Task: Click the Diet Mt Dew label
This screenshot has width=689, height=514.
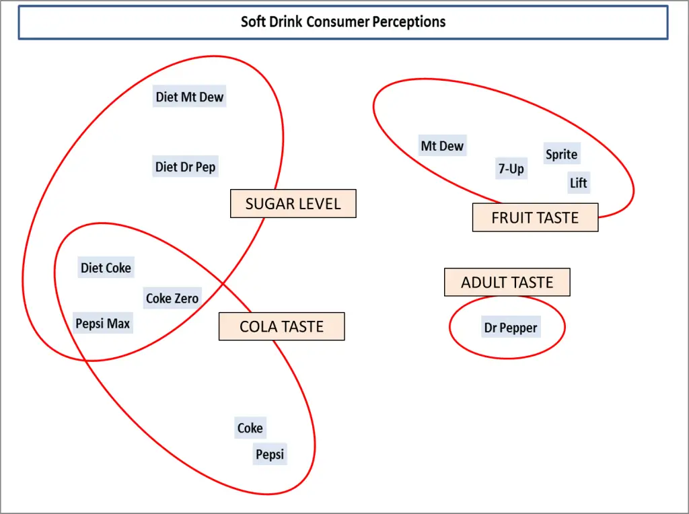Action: (x=189, y=97)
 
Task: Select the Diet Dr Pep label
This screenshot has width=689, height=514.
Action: (x=186, y=167)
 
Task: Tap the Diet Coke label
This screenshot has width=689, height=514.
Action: (x=106, y=268)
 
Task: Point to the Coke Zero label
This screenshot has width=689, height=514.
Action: (x=172, y=298)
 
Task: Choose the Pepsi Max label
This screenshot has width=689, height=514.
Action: (x=103, y=324)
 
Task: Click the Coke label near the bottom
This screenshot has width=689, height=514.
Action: (x=250, y=428)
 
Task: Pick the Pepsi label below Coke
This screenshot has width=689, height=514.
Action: (x=270, y=454)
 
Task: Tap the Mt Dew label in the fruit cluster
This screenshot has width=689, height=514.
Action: (x=442, y=146)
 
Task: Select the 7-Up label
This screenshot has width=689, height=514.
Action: (x=511, y=169)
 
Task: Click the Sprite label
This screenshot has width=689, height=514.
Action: (x=561, y=154)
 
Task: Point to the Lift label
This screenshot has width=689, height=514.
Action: (x=578, y=182)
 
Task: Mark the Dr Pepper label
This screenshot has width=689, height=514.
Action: (x=511, y=328)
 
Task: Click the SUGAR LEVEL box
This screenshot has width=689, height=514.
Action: (x=293, y=204)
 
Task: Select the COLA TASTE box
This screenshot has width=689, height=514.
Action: (x=281, y=327)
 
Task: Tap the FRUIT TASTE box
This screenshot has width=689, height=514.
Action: (x=535, y=218)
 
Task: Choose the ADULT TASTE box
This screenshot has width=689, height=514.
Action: (x=507, y=283)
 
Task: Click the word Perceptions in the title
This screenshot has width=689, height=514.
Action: (x=409, y=22)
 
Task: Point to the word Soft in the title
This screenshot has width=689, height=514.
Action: (x=254, y=22)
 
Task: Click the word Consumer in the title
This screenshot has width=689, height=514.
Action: (x=338, y=22)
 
